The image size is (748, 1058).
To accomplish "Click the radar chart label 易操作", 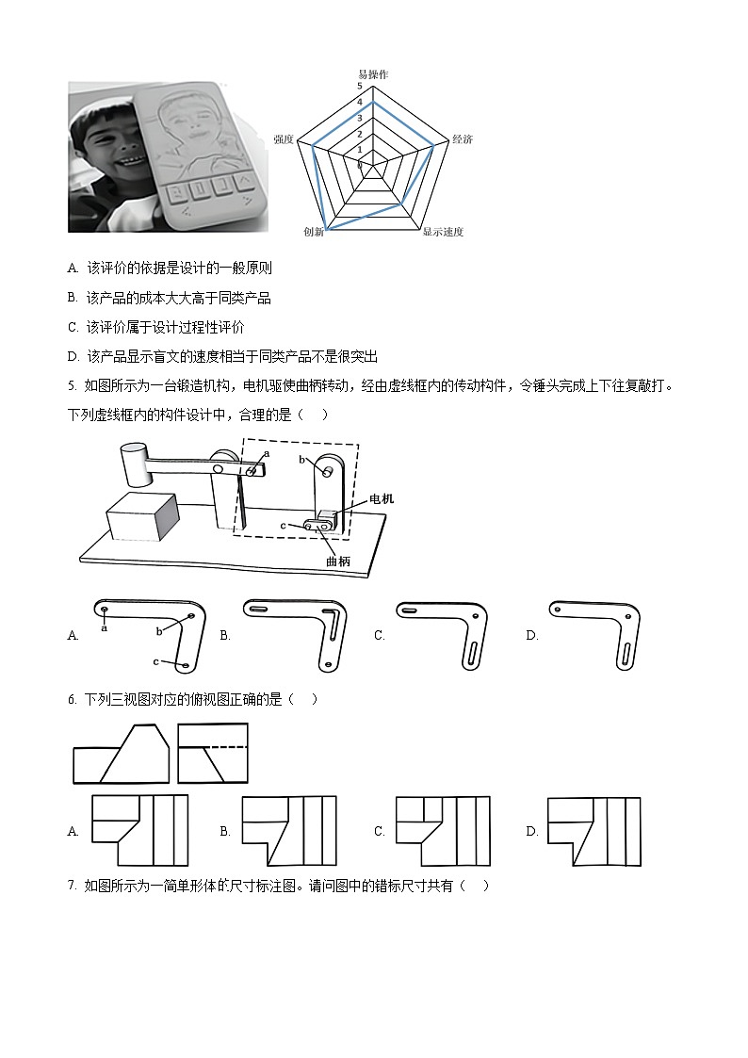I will (372, 74).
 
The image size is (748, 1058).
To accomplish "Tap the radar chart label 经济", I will (462, 138).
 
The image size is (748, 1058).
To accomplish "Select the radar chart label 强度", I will (283, 138).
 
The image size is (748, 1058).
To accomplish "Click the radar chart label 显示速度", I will (442, 232).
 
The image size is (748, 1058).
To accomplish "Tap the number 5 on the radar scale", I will (359, 86).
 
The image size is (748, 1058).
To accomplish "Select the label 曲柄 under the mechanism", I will (337, 561).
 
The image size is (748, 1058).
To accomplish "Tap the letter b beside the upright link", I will (302, 459).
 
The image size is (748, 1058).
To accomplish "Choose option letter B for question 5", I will (225, 635).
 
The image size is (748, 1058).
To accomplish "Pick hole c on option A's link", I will (186, 665).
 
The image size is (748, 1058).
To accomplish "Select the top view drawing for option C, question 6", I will (443, 830).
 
